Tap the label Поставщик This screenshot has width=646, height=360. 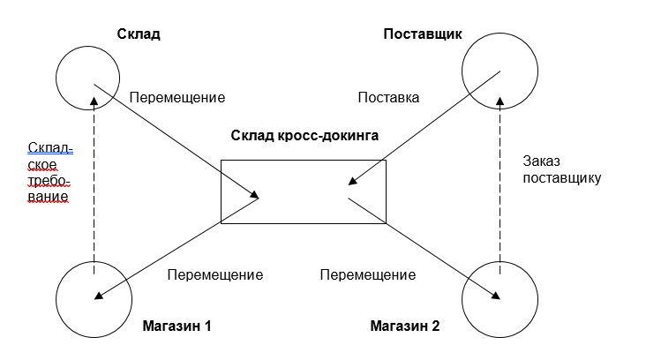[422, 34]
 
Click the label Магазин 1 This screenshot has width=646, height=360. [177, 326]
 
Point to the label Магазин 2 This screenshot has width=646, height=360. [405, 326]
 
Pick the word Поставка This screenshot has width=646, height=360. [387, 97]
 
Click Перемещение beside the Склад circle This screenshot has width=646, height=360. [177, 97]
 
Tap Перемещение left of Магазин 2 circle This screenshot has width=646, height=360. [367, 274]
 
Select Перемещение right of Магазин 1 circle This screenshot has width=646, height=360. [214, 274]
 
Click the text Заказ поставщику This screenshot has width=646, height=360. [561, 169]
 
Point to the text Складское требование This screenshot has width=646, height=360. [49, 172]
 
